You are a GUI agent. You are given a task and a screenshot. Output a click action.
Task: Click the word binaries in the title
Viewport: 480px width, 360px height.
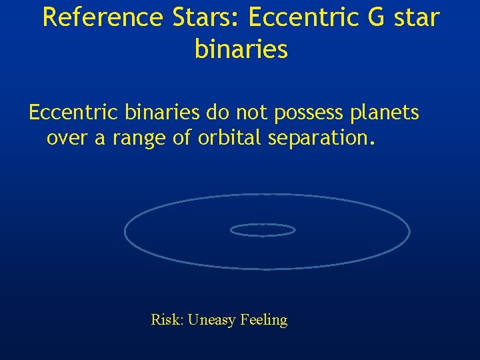pyautogui.click(x=241, y=49)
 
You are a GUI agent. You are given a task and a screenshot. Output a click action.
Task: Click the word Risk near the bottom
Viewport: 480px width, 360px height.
pyautogui.click(x=167, y=320)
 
